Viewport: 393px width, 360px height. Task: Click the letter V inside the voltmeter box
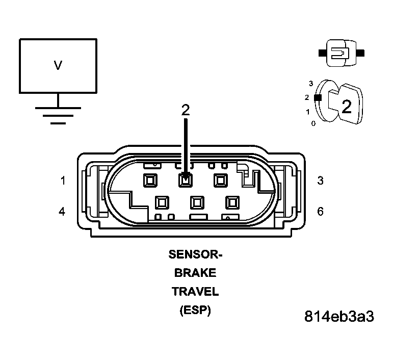coord(58,65)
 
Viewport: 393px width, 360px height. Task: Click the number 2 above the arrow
coord(186,110)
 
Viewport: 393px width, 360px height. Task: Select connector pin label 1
coord(63,181)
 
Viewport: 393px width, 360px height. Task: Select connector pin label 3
coord(320,181)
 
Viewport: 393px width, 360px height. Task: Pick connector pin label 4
coord(62,211)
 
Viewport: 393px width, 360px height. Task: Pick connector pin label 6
coord(320,211)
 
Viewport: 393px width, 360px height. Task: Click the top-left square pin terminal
coord(150,180)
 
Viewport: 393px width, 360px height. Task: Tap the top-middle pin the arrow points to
coord(186,180)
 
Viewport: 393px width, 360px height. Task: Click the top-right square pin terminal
coord(221,180)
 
